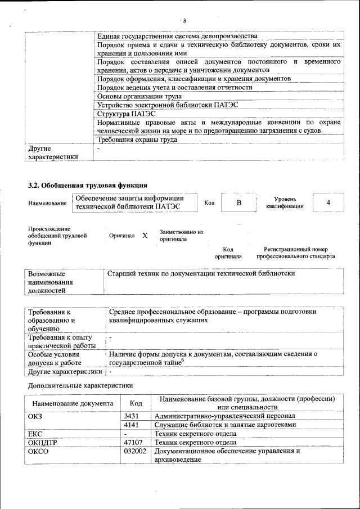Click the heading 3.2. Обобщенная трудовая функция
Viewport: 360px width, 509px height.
(88, 185)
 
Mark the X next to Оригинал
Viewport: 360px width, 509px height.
(145, 236)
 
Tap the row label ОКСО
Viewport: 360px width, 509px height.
(38, 451)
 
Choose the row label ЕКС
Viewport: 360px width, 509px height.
(35, 434)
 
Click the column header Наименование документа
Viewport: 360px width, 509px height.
(73, 403)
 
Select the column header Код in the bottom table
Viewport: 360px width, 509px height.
(136, 403)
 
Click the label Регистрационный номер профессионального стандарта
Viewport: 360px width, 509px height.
(295, 253)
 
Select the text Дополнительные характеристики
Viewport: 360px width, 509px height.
(80, 386)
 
